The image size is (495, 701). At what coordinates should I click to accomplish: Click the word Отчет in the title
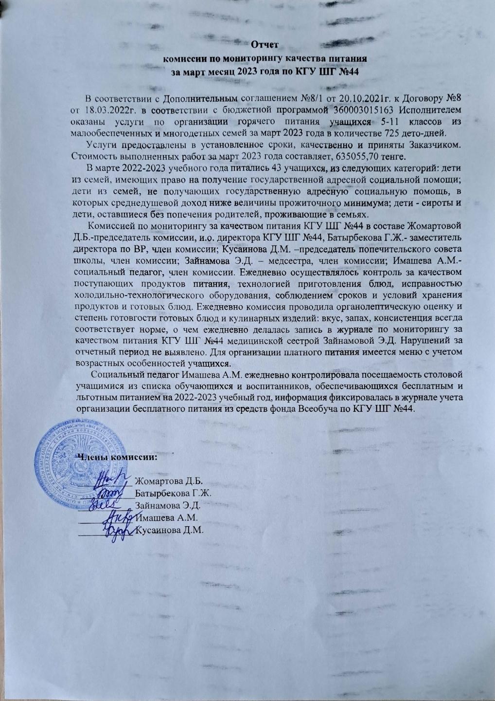[x=265, y=46]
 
